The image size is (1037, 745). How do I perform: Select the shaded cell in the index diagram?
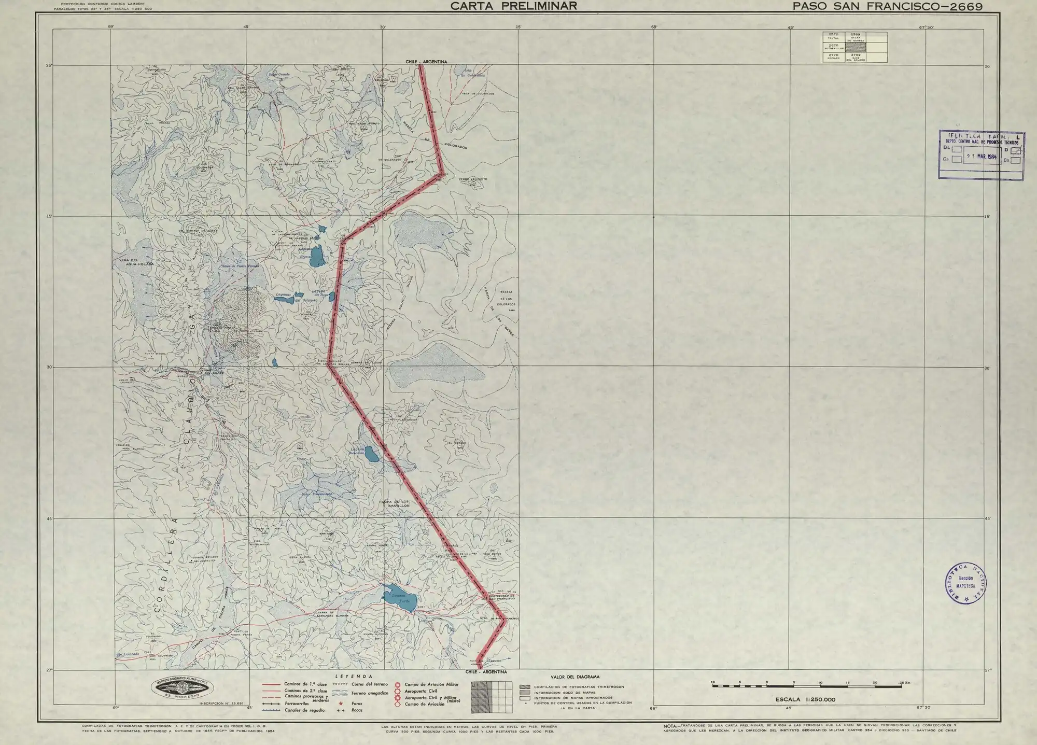point(856,47)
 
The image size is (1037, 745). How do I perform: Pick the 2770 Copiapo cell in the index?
point(834,57)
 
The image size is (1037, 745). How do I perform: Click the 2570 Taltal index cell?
point(834,37)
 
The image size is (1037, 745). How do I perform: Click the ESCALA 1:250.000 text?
point(805,699)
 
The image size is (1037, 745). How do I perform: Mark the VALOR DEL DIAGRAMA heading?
point(575,677)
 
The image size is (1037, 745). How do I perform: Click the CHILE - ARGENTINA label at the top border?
point(426,62)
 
